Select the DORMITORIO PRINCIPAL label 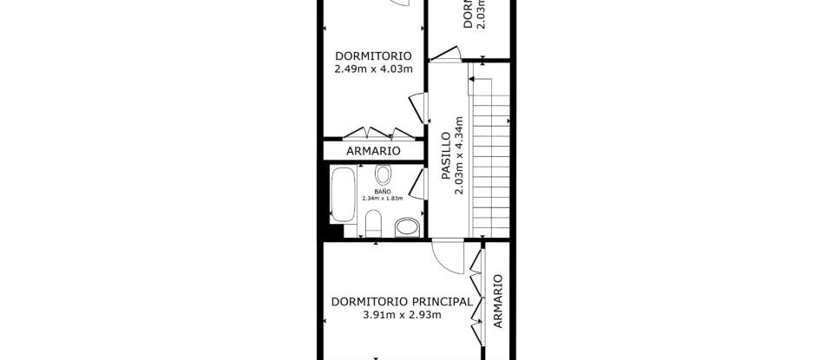402,302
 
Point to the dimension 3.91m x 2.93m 402,316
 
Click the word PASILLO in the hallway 446,154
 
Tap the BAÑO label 383,190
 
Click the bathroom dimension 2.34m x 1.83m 383,198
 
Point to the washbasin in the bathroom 406,229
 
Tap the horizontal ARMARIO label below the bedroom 373,151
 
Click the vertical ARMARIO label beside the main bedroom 497,302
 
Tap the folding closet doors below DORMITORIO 375,134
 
